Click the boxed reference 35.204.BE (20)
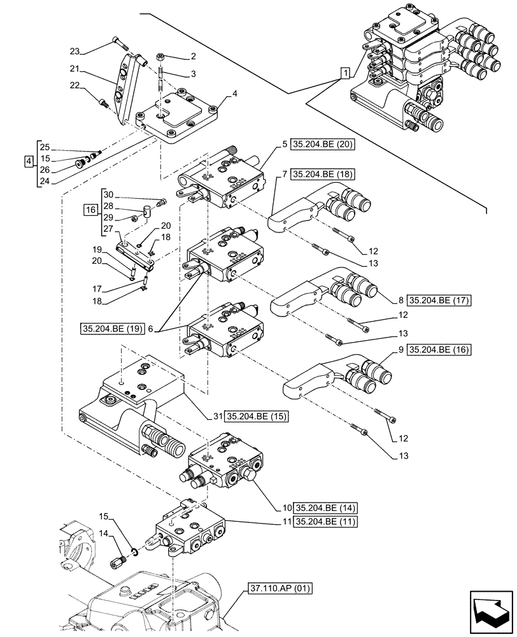point(323,145)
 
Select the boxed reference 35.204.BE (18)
point(323,173)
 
